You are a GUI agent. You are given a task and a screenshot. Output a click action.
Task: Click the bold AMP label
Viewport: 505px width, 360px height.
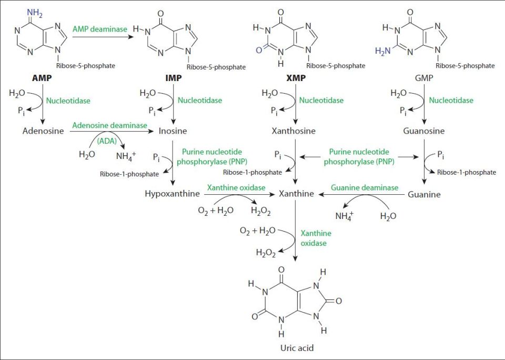click(x=42, y=78)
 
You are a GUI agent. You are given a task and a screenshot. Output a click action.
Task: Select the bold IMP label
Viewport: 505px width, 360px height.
click(x=173, y=78)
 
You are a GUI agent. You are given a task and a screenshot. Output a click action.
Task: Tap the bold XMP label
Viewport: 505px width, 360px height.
click(x=296, y=78)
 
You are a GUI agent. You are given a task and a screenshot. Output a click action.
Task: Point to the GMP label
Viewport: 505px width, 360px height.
click(x=424, y=78)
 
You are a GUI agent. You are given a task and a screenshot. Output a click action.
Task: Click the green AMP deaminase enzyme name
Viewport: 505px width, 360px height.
click(x=100, y=29)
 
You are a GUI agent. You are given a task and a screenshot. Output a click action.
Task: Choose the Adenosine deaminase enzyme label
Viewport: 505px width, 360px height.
click(x=110, y=125)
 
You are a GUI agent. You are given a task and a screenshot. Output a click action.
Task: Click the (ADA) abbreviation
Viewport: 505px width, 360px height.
click(x=107, y=141)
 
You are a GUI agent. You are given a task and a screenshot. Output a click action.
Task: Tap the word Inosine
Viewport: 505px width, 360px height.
click(x=173, y=131)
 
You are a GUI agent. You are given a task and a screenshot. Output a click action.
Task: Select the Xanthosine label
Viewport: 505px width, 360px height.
click(x=294, y=131)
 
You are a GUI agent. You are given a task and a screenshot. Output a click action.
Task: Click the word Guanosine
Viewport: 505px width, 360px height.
click(x=424, y=131)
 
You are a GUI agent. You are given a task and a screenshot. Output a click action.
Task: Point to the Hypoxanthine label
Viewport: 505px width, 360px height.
click(x=173, y=194)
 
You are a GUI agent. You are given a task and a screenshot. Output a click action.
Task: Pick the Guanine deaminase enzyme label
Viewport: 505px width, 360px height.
click(x=365, y=187)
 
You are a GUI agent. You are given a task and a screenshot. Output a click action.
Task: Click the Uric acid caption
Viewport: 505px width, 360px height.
click(x=297, y=348)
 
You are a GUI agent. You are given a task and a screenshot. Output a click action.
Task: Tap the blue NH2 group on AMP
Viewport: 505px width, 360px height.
click(x=35, y=13)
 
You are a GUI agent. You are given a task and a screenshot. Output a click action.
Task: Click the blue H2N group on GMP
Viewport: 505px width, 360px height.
click(x=383, y=51)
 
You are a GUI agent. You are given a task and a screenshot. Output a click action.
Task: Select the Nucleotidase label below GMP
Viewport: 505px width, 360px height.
click(x=451, y=100)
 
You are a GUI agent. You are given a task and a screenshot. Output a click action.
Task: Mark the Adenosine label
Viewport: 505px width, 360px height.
click(x=43, y=131)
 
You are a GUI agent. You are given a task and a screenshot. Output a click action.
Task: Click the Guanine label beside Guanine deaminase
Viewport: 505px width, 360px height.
click(x=424, y=194)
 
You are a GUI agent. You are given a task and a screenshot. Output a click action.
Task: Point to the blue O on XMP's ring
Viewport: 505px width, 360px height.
click(x=259, y=51)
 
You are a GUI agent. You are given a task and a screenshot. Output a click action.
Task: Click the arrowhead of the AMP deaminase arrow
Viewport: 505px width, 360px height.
click(x=132, y=37)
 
